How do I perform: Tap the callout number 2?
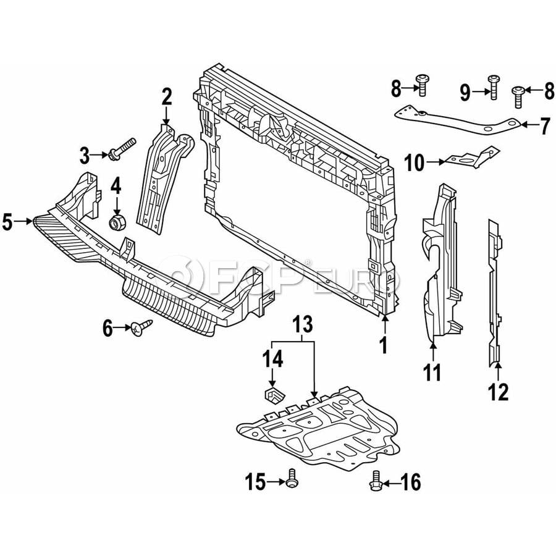pos(167,97)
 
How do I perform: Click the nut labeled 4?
pos(116,221)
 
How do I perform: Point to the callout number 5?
pos(7,221)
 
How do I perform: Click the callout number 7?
pos(544,127)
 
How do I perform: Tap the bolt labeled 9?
pos(493,86)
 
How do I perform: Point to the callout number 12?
pos(499,391)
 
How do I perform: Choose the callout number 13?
pos(303,324)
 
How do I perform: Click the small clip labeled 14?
pos(271,394)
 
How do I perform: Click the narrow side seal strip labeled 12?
pos(494,290)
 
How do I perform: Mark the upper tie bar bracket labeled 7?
pos(457,120)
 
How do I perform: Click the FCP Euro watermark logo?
pos(278,281)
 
